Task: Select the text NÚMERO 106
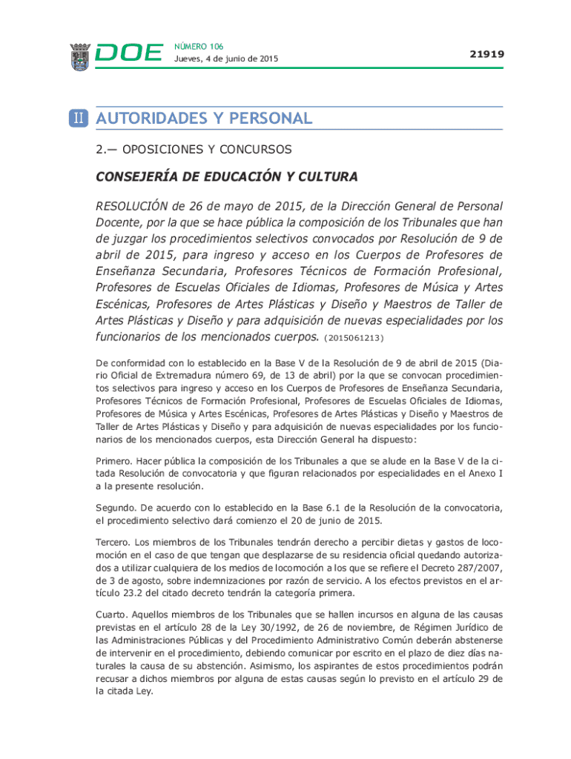199,46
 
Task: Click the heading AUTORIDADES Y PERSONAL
204,119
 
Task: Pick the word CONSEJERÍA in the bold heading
138,176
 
